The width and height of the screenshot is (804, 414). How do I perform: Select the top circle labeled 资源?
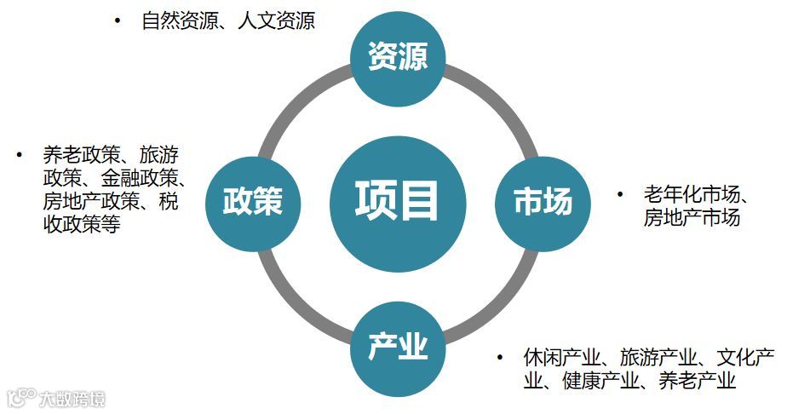[x=398, y=58]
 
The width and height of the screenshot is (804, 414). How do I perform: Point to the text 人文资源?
[x=273, y=20]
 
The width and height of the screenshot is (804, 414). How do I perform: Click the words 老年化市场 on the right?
[x=692, y=194]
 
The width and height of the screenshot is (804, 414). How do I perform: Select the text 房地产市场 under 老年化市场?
[x=692, y=217]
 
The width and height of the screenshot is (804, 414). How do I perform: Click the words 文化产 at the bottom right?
[x=745, y=357]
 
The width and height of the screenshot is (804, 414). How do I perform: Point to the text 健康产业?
[x=595, y=381]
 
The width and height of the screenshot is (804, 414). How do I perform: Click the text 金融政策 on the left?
[x=137, y=179]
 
